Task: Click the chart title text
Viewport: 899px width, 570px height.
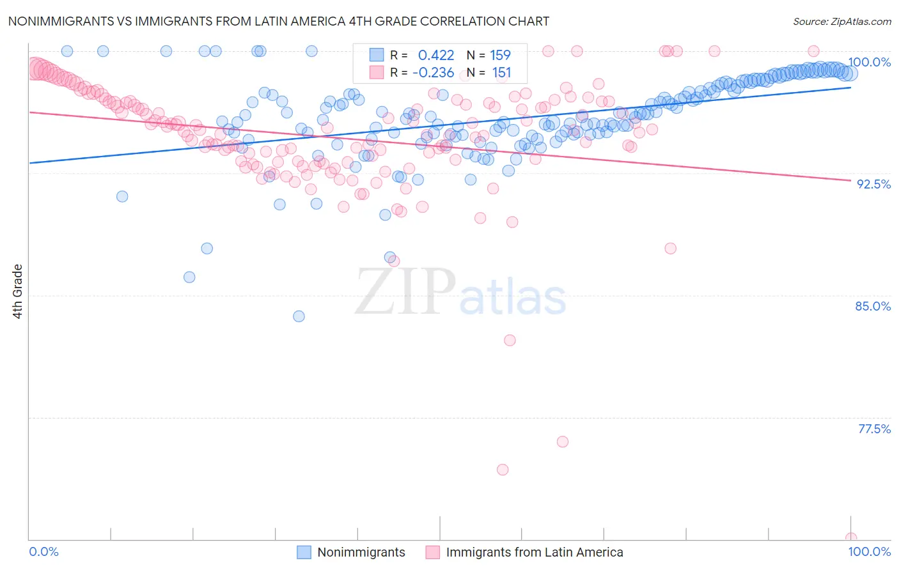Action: pyautogui.click(x=278, y=22)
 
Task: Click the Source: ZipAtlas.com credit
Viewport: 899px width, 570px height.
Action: pyautogui.click(x=841, y=22)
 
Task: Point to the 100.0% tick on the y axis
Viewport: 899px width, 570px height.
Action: pyautogui.click(x=869, y=62)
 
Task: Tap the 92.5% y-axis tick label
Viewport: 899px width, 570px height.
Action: pyautogui.click(x=873, y=184)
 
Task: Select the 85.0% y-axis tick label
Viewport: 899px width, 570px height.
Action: pyautogui.click(x=873, y=306)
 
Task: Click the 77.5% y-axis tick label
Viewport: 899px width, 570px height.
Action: pyautogui.click(x=874, y=429)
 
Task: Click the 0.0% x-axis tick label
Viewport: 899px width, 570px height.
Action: pyautogui.click(x=43, y=551)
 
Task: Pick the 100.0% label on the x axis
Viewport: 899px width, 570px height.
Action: pyautogui.click(x=869, y=551)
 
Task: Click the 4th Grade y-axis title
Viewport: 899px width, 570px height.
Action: pyautogui.click(x=18, y=291)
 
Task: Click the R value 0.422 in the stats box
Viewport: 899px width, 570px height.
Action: pyautogui.click(x=436, y=56)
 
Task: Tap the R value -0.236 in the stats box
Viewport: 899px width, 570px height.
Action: pyautogui.click(x=433, y=73)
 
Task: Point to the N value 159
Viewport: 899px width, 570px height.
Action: pyautogui.click(x=501, y=56)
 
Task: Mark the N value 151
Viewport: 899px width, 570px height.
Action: pyautogui.click(x=501, y=73)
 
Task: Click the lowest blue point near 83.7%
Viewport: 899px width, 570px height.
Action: pyautogui.click(x=299, y=316)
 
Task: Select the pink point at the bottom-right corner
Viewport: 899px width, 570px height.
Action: pyautogui.click(x=850, y=538)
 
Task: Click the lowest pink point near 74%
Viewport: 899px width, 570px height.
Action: pyautogui.click(x=503, y=470)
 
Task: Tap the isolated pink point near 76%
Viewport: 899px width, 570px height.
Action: pyautogui.click(x=563, y=442)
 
